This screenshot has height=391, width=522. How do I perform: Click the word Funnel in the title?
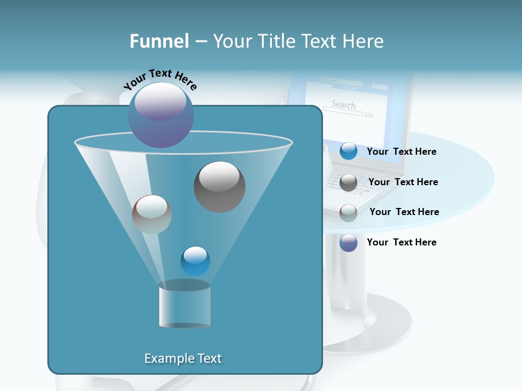tap(159, 41)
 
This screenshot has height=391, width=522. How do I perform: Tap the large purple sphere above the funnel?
tap(161, 115)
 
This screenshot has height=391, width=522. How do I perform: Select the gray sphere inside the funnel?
tap(219, 186)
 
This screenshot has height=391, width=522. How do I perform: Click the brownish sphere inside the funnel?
tap(152, 215)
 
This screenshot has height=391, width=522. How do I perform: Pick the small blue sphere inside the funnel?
tap(195, 261)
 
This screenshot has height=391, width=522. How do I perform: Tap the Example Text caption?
tap(183, 358)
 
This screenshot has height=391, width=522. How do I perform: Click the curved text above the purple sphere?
tap(160, 79)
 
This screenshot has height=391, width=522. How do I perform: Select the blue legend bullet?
tap(349, 152)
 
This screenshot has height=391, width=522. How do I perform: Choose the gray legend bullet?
tap(349, 182)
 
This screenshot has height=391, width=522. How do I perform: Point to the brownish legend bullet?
tap(349, 212)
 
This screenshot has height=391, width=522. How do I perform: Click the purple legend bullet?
tap(349, 243)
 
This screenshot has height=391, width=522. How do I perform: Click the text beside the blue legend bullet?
tap(401, 152)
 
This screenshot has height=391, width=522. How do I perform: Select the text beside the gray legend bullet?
tap(403, 182)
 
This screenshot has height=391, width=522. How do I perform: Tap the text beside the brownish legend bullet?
tap(404, 212)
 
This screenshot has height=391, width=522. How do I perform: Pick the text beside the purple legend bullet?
tap(401, 243)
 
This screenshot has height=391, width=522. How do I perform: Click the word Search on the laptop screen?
tap(343, 105)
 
